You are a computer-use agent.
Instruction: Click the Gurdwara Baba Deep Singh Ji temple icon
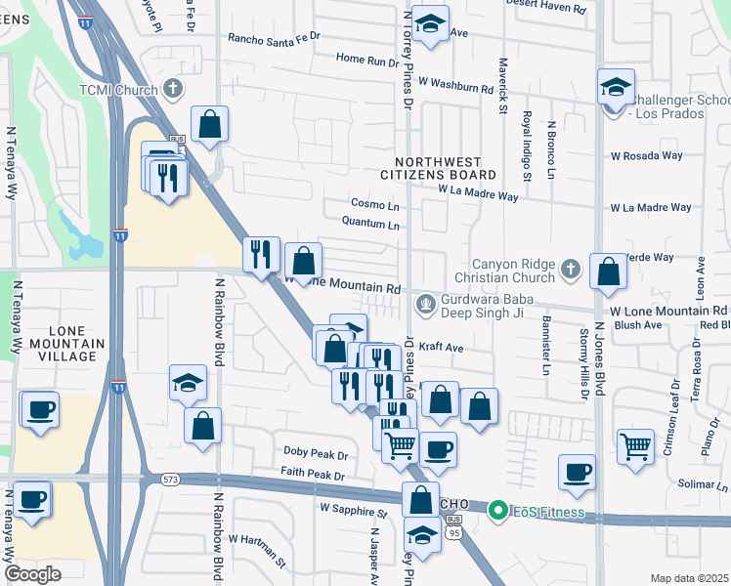(425, 305)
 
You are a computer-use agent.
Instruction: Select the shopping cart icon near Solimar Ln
(635, 446)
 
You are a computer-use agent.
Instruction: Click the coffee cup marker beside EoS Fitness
(577, 472)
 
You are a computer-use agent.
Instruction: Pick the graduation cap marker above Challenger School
(616, 86)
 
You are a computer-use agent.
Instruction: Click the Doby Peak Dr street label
(316, 454)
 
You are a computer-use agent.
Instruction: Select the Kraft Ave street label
(440, 347)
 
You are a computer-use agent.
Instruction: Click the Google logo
(32, 574)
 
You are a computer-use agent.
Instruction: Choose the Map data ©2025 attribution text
(688, 578)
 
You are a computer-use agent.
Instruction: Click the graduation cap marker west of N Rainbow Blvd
(188, 383)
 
